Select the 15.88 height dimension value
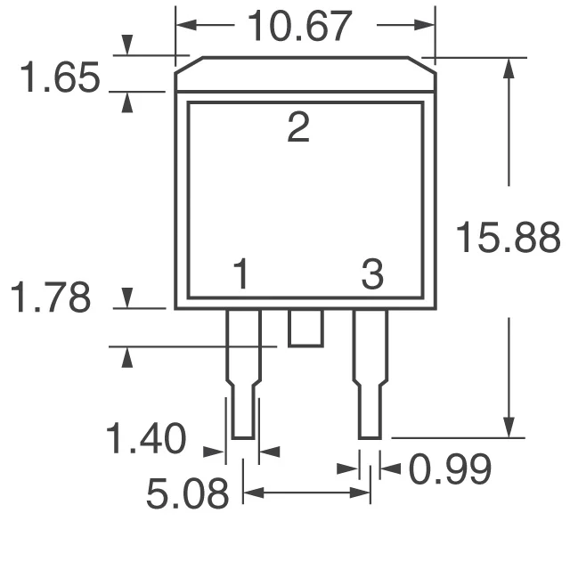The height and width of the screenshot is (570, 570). click(x=508, y=238)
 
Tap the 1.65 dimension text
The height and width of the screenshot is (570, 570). click(x=60, y=80)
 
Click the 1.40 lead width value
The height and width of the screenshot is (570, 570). click(x=146, y=440)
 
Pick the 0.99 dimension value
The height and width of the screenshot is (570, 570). click(x=450, y=469)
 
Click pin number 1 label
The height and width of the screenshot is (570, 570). click(x=240, y=275)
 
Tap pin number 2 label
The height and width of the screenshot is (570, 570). click(x=298, y=130)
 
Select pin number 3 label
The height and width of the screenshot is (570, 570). click(x=372, y=275)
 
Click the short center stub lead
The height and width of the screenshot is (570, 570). click(x=305, y=329)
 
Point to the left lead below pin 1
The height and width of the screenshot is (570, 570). click(x=243, y=374)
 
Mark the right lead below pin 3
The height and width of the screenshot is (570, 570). click(x=370, y=374)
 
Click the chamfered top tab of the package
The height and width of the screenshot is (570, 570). click(x=305, y=74)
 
